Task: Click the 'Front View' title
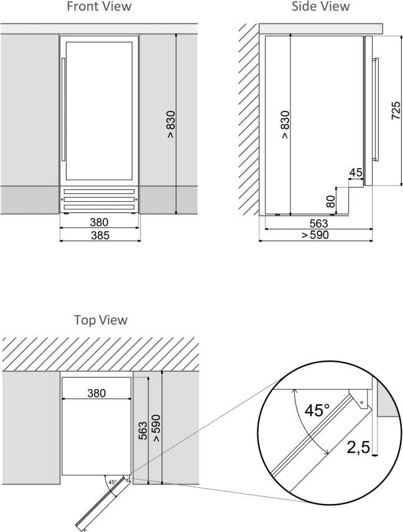[x=99, y=6]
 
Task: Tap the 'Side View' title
[x=320, y=6]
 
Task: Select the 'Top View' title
[x=101, y=320]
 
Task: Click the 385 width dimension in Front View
[x=100, y=235]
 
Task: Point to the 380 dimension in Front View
[x=100, y=222]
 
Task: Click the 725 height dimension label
[x=396, y=110]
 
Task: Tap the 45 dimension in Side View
[x=356, y=173]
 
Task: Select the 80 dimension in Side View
[x=330, y=202]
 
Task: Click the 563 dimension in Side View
[x=318, y=223]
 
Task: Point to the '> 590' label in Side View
[x=315, y=235]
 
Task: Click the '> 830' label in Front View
[x=171, y=124]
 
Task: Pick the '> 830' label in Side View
[x=285, y=124]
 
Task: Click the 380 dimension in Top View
[x=96, y=393]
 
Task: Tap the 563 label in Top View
[x=143, y=430]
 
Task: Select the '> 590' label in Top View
[x=156, y=428]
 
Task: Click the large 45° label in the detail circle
[x=317, y=410]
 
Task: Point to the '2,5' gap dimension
[x=358, y=447]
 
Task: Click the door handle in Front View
[x=63, y=110]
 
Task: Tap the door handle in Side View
[x=375, y=109]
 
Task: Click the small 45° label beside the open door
[x=113, y=482]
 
